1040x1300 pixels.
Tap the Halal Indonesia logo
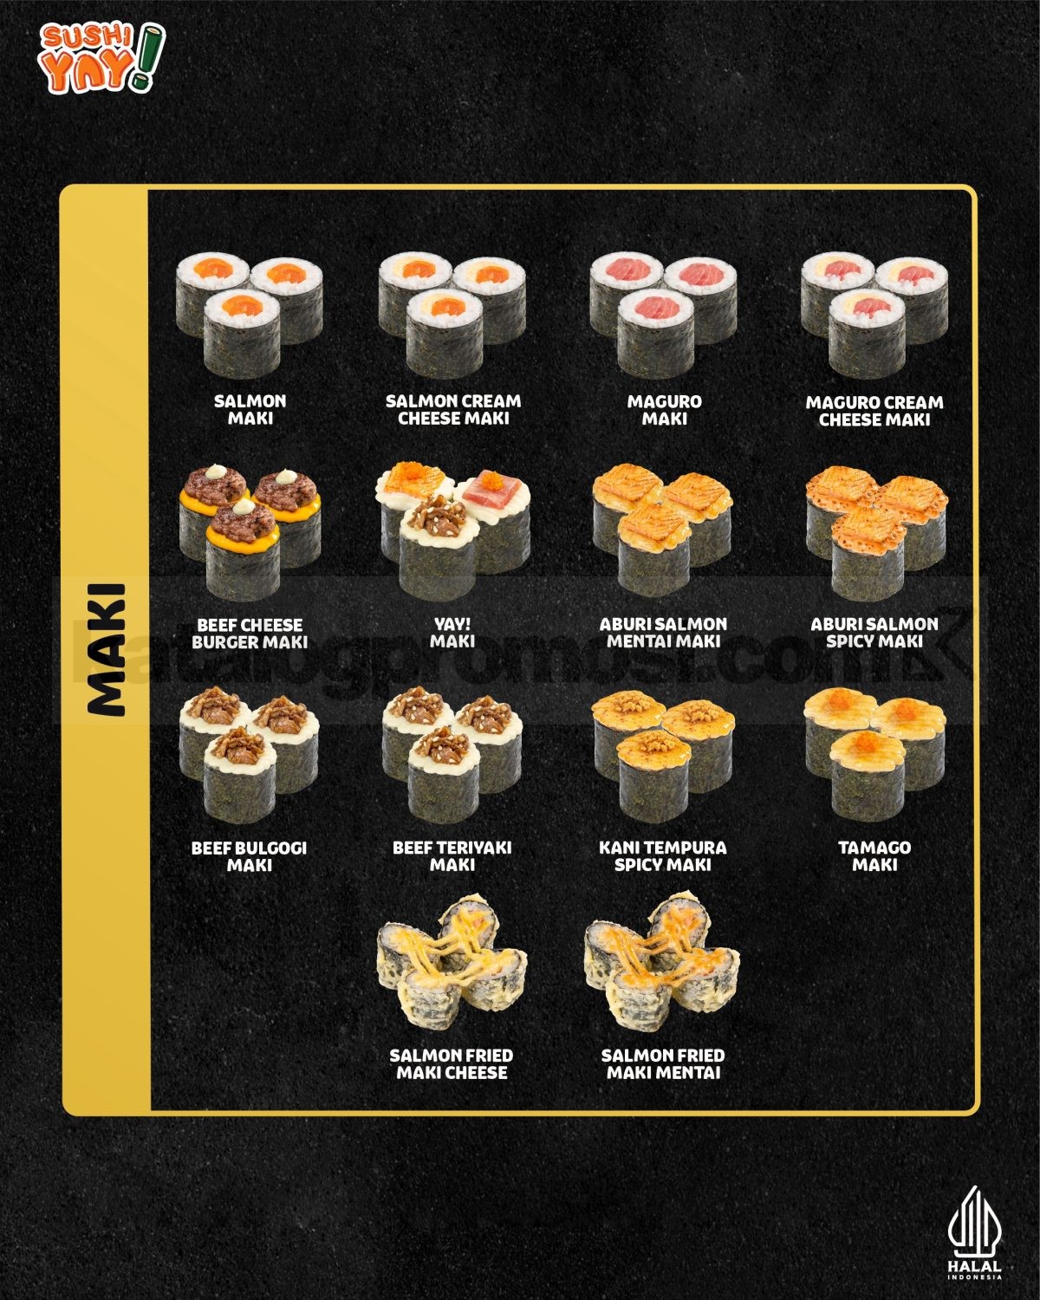[x=974, y=1241]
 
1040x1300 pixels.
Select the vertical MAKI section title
[x=107, y=649]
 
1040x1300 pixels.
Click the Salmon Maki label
[x=250, y=410]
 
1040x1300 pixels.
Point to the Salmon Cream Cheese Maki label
[x=453, y=410]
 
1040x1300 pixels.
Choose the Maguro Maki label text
[x=664, y=410]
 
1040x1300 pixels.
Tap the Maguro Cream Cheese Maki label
[x=874, y=411]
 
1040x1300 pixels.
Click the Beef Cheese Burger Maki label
[x=250, y=633]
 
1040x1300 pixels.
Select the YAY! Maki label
[x=452, y=633]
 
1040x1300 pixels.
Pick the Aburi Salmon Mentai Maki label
[x=663, y=633]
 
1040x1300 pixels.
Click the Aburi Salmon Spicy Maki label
[x=874, y=633]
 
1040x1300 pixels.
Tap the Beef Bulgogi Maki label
[x=249, y=856]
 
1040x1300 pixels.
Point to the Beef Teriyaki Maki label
[x=452, y=856]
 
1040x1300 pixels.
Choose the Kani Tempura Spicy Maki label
[x=663, y=856]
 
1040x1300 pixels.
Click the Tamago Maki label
[x=874, y=856]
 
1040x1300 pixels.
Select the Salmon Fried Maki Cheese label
[x=452, y=1063]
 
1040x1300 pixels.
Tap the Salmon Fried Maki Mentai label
[x=663, y=1063]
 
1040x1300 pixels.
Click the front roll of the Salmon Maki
[x=242, y=334]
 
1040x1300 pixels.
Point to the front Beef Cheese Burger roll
[x=243, y=549]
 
